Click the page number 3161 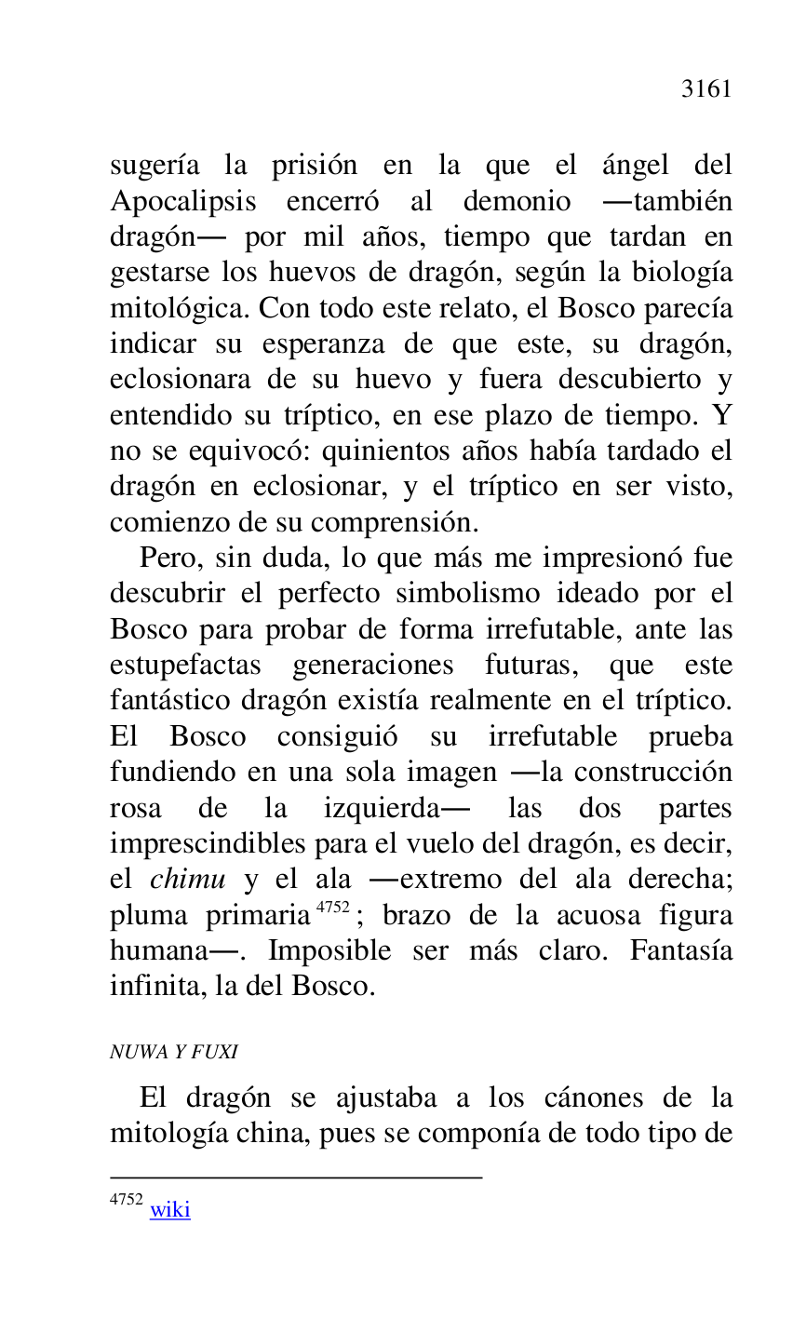[x=706, y=89]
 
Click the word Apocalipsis [x=182, y=202]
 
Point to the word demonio [x=517, y=202]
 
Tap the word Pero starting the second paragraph [x=168, y=559]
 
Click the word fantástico [x=169, y=701]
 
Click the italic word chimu [x=187, y=880]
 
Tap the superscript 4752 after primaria [x=332, y=907]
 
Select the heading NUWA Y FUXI [x=174, y=1053]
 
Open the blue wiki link [x=170, y=1210]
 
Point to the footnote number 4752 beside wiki [x=126, y=1200]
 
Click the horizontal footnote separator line [x=296, y=1178]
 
